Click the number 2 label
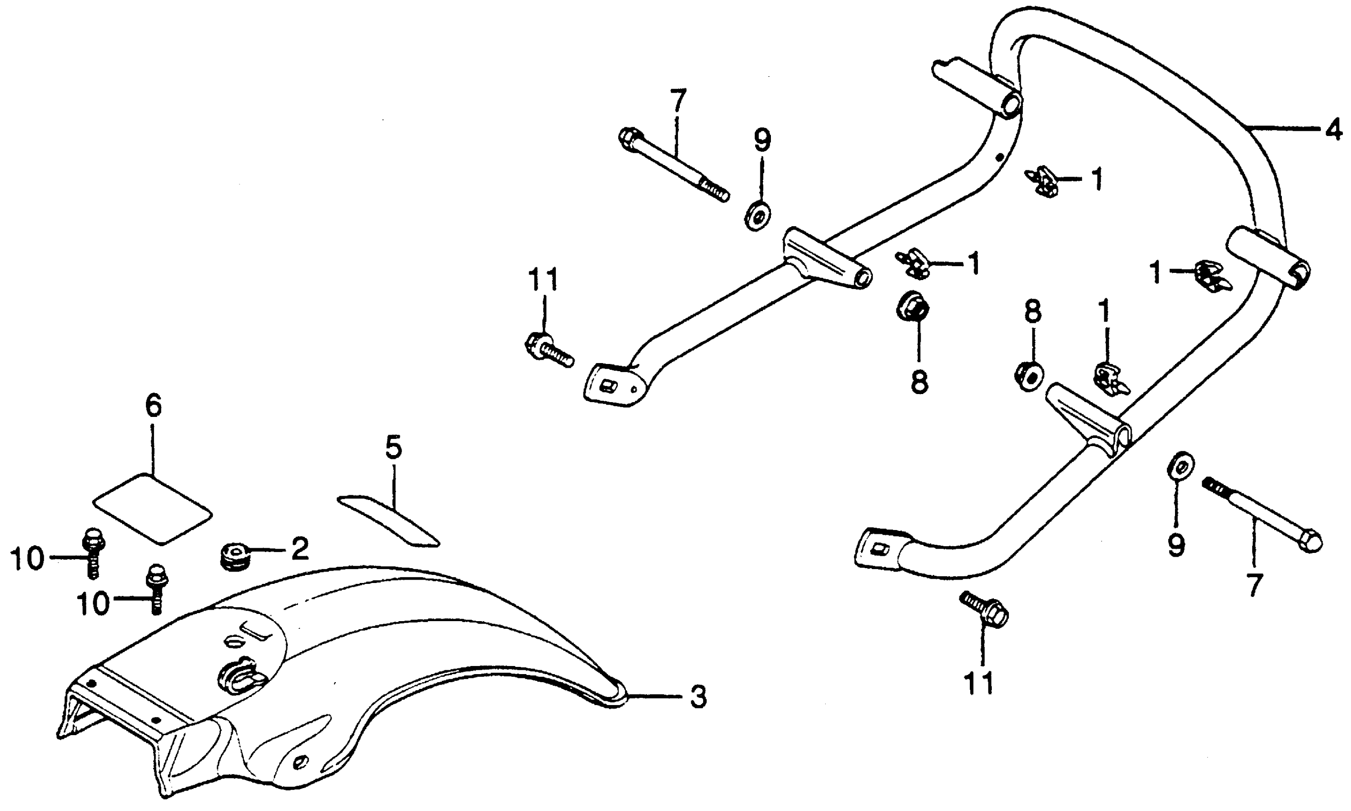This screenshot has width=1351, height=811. [x=300, y=549]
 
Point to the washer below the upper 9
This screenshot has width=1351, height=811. [x=758, y=215]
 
